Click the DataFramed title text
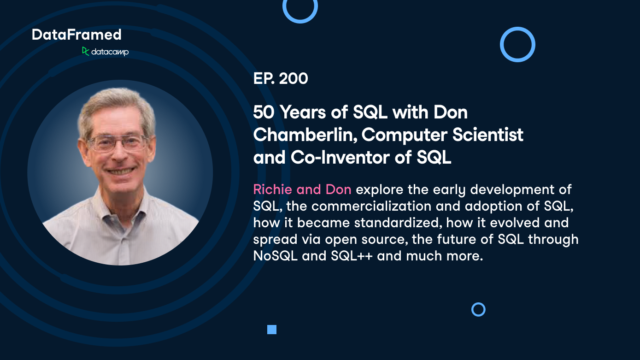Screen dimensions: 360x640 (76, 35)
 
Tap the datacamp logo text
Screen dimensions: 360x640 (110, 52)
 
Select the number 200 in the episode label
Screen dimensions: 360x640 (294, 79)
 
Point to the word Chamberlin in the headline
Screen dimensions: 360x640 (305, 135)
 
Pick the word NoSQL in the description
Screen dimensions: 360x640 (275, 256)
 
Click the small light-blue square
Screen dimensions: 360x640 (272, 329)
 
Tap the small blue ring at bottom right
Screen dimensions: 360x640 (478, 309)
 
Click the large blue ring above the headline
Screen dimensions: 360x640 (517, 44)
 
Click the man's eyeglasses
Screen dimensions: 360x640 (117, 143)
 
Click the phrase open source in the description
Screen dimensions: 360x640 (369, 239)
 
